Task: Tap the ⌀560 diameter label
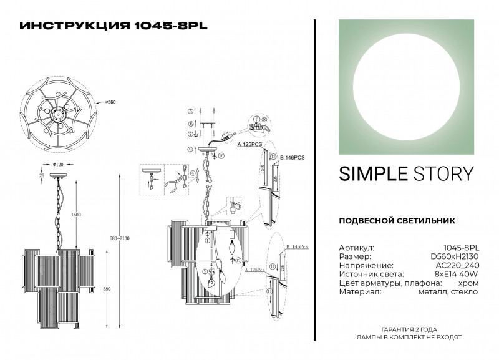tap(110, 101)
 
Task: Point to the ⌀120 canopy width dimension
tap(60, 165)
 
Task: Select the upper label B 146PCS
tap(291, 157)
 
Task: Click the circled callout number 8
tap(264, 119)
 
